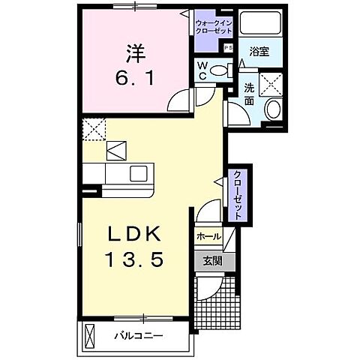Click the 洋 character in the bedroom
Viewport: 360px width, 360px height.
click(x=135, y=54)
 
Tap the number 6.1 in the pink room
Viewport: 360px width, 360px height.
click(x=135, y=77)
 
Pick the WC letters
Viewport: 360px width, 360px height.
click(x=202, y=71)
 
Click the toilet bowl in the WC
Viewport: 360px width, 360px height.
click(x=219, y=71)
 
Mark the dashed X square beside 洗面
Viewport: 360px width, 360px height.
click(x=270, y=82)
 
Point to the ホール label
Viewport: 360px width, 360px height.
click(x=208, y=237)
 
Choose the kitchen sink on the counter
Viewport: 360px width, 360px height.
click(x=139, y=173)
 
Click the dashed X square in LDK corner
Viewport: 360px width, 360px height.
click(x=96, y=129)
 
